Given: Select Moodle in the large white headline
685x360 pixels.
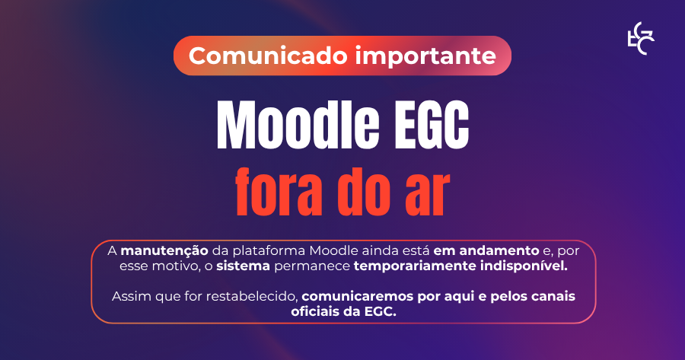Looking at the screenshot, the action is pyautogui.click(x=298, y=126).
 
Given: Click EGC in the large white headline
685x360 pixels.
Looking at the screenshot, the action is pyautogui.click(x=432, y=126).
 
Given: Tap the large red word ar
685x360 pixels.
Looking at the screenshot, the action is pyautogui.click(x=427, y=196).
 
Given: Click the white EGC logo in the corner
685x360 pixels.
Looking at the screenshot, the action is pyautogui.click(x=640, y=39).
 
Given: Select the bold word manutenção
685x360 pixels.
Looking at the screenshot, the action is pyautogui.click(x=164, y=251).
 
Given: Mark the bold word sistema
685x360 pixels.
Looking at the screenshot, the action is pyautogui.click(x=244, y=266).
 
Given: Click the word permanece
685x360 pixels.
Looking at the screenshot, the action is pyautogui.click(x=312, y=266).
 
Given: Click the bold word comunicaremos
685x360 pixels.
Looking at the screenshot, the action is pyautogui.click(x=358, y=296).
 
